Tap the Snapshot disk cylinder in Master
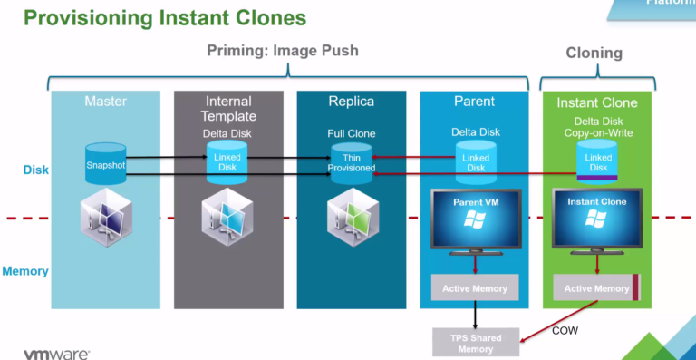coord(106,166)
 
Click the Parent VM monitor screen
coord(476,217)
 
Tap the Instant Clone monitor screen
coord(597,217)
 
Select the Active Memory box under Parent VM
coord(476,288)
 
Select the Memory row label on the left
coord(24,270)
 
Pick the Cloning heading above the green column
coord(594,53)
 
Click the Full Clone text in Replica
coord(351,133)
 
